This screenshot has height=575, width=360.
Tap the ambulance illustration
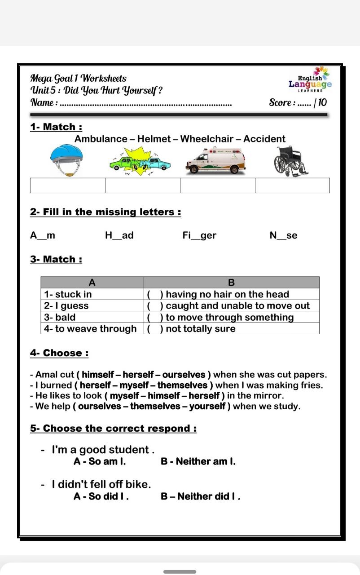pyautogui.click(x=216, y=162)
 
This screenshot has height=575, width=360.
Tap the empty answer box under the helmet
pyautogui.click(x=68, y=186)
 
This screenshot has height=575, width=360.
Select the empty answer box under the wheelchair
pyautogui.click(x=292, y=186)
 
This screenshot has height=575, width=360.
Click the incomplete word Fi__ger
pyautogui.click(x=199, y=235)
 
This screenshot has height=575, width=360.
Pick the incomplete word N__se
pyautogui.click(x=283, y=235)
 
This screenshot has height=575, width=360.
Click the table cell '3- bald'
pyautogui.click(x=92, y=317)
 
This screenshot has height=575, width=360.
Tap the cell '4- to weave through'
pyautogui.click(x=92, y=328)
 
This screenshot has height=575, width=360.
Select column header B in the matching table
pyautogui.click(x=231, y=283)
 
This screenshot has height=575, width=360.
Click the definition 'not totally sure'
pyautogui.click(x=201, y=328)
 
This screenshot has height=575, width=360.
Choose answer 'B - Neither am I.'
pyautogui.click(x=198, y=461)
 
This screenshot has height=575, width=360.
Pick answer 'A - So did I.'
pyautogui.click(x=101, y=496)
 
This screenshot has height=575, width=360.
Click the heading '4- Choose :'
pyautogui.click(x=59, y=353)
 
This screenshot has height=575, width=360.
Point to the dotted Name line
pyautogui.click(x=146, y=104)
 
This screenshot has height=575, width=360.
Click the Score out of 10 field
pyautogui.click(x=298, y=102)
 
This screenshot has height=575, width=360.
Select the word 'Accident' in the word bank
pyautogui.click(x=264, y=139)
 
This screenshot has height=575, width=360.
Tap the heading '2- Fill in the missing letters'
pyautogui.click(x=105, y=212)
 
